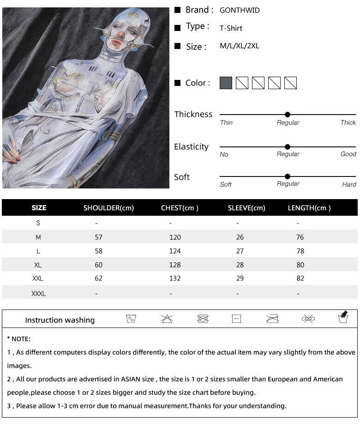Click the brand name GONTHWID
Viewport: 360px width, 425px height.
240,10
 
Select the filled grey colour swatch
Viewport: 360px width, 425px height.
226,83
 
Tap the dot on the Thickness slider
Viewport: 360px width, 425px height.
288,115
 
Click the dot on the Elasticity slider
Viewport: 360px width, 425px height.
288,147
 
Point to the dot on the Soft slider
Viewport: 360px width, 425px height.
288,176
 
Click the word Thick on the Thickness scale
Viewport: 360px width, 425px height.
348,122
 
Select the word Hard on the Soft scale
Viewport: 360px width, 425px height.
349,184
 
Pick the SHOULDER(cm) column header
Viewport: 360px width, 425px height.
108,208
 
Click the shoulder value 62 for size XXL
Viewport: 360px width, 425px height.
98,279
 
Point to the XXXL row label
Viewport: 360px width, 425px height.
38,293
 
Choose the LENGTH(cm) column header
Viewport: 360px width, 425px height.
309,208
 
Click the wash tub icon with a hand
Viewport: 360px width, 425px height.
343,317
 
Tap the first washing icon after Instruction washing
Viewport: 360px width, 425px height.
131,319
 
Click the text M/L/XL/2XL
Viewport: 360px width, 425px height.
240,46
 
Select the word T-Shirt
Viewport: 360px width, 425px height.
231,28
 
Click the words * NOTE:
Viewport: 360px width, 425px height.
19,339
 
